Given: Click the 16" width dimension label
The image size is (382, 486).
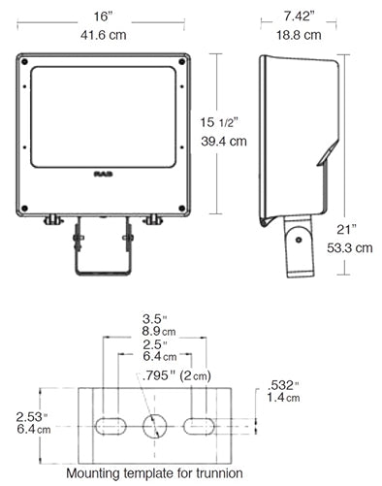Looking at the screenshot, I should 103,17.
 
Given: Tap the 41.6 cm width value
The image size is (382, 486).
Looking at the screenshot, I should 103,36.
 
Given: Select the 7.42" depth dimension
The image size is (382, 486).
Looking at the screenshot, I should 301,17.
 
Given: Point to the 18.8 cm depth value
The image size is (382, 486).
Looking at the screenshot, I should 301,36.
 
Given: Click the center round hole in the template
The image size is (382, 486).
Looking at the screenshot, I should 154,426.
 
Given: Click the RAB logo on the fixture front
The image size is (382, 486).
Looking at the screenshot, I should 103,175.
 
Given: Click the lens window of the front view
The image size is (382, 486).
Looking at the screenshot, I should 103,114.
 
